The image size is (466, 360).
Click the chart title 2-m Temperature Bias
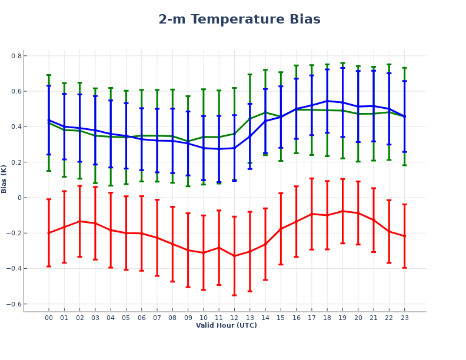[239, 19]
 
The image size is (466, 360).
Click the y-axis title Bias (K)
[4, 179]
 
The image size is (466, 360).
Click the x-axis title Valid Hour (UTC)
[226, 325]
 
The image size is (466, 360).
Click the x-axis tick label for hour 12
[234, 318]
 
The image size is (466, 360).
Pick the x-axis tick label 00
[49, 318]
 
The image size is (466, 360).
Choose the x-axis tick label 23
[404, 318]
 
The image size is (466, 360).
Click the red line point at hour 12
[234, 256]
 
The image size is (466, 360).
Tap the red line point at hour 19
[342, 211]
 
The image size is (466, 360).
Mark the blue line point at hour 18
[327, 101]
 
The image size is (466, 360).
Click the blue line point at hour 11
[219, 149]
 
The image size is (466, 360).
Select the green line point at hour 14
[265, 112]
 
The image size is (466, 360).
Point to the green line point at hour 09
[188, 142]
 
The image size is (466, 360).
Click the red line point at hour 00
[49, 233]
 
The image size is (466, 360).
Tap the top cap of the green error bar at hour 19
[342, 63]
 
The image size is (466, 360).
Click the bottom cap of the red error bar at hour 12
[234, 295]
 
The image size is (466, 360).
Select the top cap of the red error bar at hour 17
[312, 178]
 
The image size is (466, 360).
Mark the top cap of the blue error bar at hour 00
[49, 86]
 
